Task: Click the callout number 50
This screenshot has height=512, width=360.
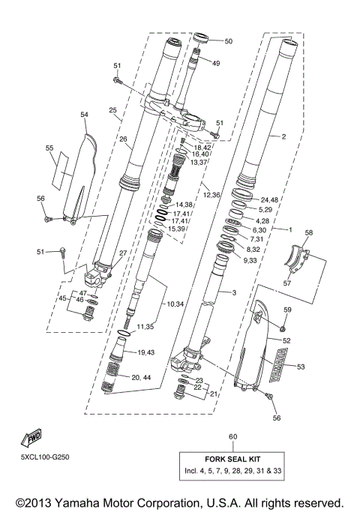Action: pos(229,41)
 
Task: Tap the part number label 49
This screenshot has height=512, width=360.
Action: pos(216,64)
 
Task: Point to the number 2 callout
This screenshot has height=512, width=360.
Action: pos(283,137)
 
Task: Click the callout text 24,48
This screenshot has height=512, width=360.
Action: pos(270,199)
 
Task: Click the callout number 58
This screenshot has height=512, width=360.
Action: pos(308,234)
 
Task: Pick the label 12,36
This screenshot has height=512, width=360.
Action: pos(211,195)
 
